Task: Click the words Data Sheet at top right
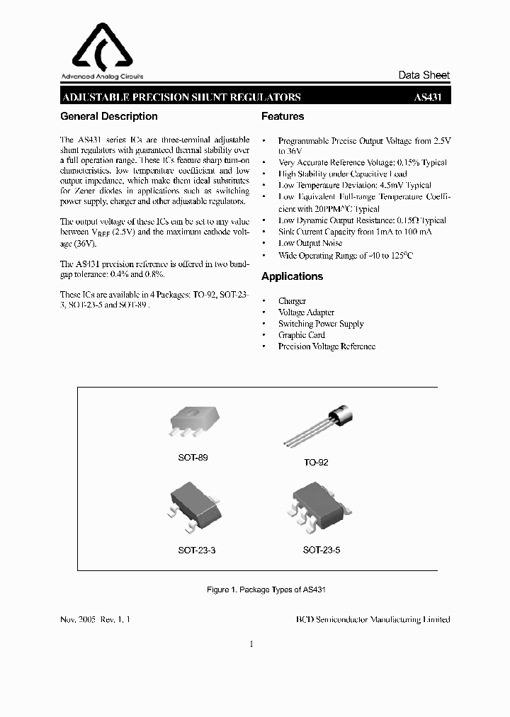(x=424, y=75)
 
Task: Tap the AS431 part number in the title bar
(x=427, y=98)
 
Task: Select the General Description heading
(x=109, y=116)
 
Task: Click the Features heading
(x=283, y=116)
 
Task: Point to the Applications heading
(x=292, y=276)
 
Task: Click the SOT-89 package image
(x=193, y=423)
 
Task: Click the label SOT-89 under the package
(x=193, y=458)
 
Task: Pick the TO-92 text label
(x=316, y=462)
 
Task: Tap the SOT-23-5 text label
(x=322, y=550)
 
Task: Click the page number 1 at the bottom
(x=251, y=644)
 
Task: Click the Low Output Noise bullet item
(x=310, y=243)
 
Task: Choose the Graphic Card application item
(x=301, y=335)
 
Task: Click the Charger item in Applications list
(x=292, y=301)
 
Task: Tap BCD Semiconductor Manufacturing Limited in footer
(x=373, y=619)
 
